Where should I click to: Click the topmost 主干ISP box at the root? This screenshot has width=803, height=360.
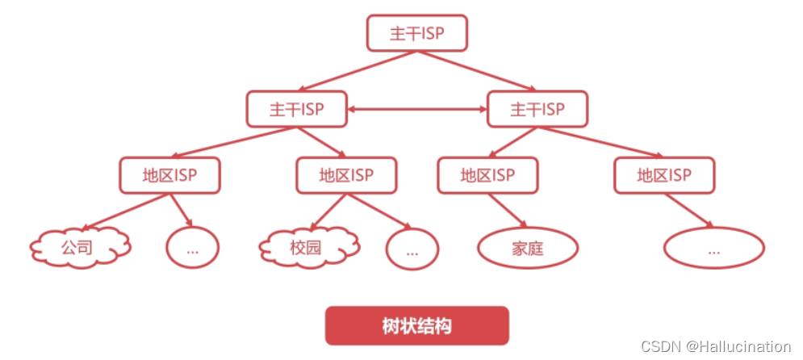(416, 32)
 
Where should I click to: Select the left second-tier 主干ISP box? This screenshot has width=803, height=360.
(296, 109)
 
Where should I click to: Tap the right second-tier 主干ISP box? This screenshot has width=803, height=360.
(537, 109)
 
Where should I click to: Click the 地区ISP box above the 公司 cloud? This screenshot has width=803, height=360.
(169, 174)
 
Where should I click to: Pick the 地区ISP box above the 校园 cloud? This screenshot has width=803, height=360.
(346, 174)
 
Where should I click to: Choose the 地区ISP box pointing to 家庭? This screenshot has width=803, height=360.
(487, 174)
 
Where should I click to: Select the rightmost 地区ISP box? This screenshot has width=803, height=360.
(664, 174)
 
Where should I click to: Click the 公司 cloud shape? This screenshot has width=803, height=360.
(81, 248)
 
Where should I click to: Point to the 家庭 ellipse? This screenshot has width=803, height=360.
(528, 249)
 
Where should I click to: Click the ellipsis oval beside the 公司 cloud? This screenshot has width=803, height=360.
(192, 249)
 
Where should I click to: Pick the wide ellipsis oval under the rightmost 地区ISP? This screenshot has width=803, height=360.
(713, 249)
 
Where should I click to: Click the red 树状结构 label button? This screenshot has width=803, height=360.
(416, 326)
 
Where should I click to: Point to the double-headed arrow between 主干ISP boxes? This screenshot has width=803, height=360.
(417, 110)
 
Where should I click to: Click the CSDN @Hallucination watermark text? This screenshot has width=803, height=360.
(716, 345)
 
